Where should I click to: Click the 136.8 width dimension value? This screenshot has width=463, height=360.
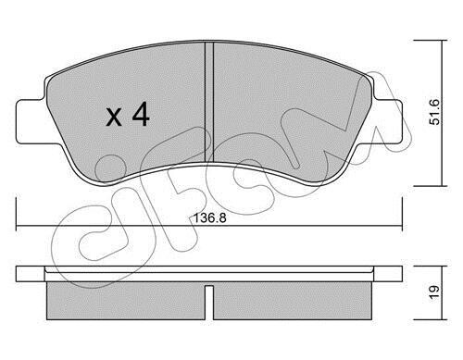click(210, 218)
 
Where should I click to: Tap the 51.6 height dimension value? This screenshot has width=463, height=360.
click(435, 112)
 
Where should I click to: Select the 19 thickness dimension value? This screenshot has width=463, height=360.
click(434, 292)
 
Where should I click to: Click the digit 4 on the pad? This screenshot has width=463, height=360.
click(141, 114)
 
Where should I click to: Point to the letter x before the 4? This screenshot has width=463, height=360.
click(114, 118)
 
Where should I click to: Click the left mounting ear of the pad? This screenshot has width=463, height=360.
click(31, 122)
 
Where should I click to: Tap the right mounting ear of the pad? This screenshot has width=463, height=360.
click(388, 122)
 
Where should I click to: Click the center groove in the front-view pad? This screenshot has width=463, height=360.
click(209, 102)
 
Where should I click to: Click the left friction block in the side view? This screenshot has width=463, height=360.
click(126, 301)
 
